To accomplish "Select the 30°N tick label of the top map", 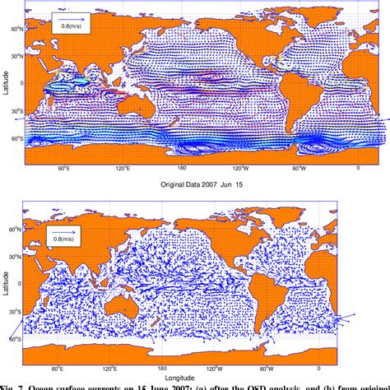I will (16, 55).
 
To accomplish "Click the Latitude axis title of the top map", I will (6, 98).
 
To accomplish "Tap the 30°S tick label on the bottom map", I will (16, 312).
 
